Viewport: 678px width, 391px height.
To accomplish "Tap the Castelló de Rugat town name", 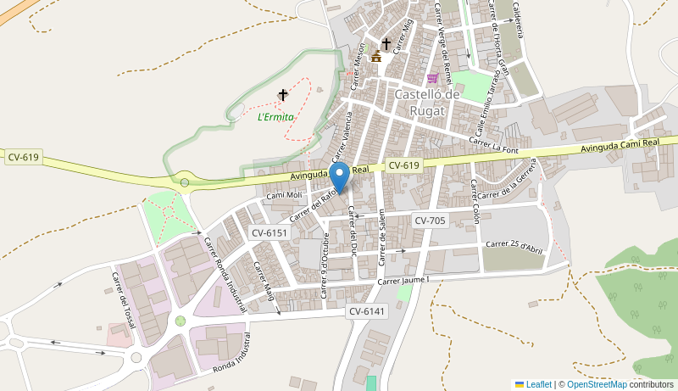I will (427, 101).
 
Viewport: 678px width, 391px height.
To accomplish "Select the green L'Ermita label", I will (275, 117).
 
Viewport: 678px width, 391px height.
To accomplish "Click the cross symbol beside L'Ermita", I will (283, 95).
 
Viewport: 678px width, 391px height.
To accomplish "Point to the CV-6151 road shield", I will (270, 232).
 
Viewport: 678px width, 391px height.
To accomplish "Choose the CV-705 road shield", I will (430, 221).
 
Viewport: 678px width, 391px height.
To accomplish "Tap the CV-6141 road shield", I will (367, 312).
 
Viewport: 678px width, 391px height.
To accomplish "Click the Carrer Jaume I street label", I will (404, 281).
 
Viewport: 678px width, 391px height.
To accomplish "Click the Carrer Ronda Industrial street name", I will (225, 274).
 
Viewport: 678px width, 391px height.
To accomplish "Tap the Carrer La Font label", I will (493, 146).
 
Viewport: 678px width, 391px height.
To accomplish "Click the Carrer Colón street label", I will (475, 202).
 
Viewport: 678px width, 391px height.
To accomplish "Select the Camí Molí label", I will (285, 195).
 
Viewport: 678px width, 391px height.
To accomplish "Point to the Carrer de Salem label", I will (381, 237).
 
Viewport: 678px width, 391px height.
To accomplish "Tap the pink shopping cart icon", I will (432, 78).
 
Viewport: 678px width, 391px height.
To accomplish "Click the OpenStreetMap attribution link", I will (597, 384).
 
